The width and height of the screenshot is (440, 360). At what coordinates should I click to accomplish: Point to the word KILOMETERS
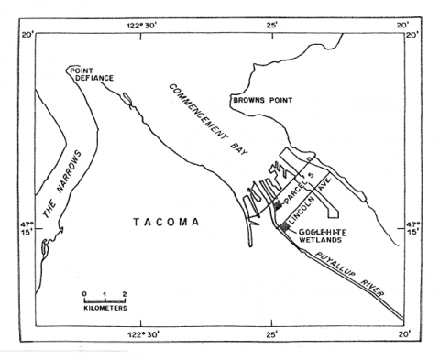(x=104, y=309)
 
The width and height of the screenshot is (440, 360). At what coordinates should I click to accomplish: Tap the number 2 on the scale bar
(x=124, y=292)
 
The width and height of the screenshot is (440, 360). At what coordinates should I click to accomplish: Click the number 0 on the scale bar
(x=83, y=292)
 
